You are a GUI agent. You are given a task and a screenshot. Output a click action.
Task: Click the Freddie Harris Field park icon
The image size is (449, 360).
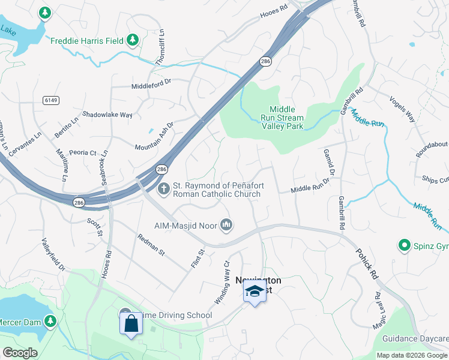click(133, 41)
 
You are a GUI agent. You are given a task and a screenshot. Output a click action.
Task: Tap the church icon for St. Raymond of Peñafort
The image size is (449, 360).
click(163, 190)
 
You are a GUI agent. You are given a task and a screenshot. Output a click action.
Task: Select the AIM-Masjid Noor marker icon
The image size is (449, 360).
click(226, 225)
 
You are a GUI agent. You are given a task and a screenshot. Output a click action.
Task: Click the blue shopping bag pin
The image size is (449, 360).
click(131, 325)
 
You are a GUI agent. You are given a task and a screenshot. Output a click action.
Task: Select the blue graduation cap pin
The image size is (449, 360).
click(255, 292)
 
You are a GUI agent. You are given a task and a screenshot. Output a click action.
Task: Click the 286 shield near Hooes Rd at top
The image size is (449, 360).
click(265, 61)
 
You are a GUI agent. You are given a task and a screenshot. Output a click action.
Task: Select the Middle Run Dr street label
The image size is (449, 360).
click(312, 189)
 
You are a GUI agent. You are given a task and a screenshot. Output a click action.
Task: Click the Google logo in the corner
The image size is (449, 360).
click(20, 353)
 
